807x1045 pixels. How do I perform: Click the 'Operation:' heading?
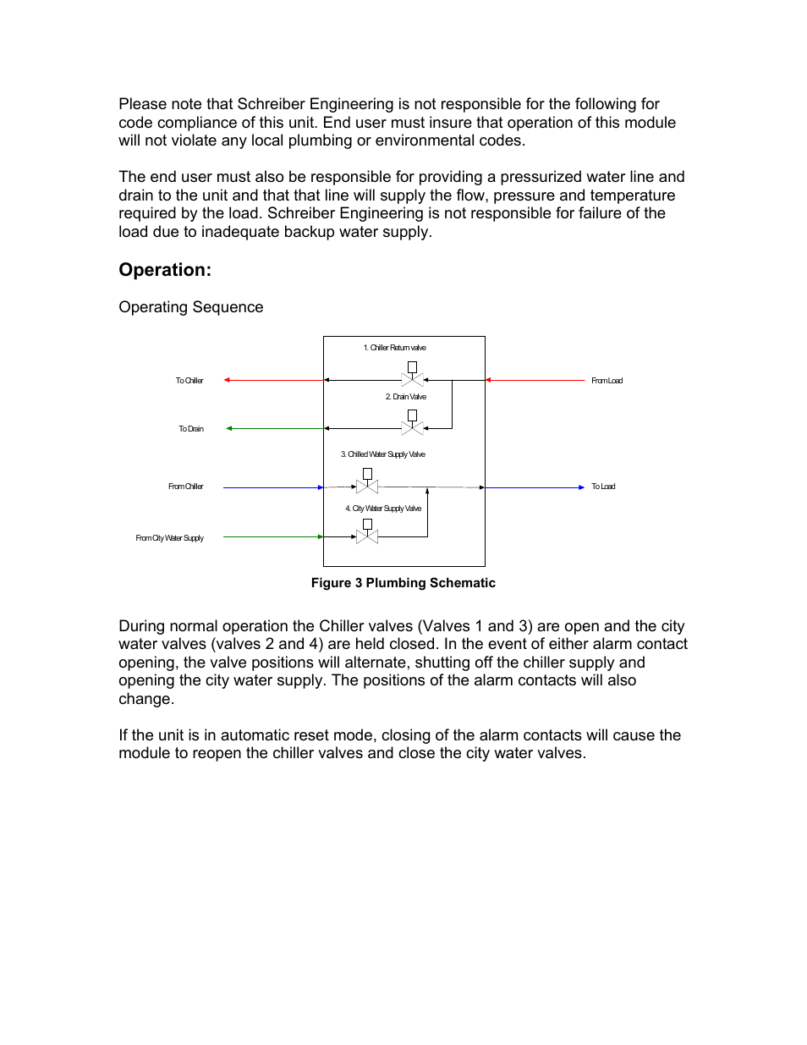click(x=165, y=270)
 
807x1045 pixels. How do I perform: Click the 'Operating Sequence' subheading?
click(x=190, y=307)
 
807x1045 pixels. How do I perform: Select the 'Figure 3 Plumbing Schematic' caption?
click(x=403, y=583)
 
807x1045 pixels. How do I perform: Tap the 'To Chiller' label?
click(x=189, y=381)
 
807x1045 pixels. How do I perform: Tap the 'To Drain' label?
click(x=190, y=429)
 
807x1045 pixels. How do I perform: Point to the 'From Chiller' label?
click(x=185, y=487)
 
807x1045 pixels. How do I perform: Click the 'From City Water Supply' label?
click(x=169, y=538)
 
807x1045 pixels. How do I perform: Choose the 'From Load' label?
click(x=607, y=381)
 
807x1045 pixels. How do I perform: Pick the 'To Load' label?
click(x=603, y=487)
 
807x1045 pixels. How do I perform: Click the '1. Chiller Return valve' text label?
click(x=394, y=348)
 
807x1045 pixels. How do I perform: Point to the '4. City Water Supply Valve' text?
click(x=382, y=509)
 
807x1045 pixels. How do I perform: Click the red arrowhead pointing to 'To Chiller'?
click(x=227, y=380)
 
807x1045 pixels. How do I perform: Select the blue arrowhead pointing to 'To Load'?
click(x=581, y=487)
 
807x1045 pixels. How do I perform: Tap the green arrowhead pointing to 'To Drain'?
click(x=229, y=428)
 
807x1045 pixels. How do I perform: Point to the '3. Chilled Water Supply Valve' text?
click(x=382, y=454)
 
